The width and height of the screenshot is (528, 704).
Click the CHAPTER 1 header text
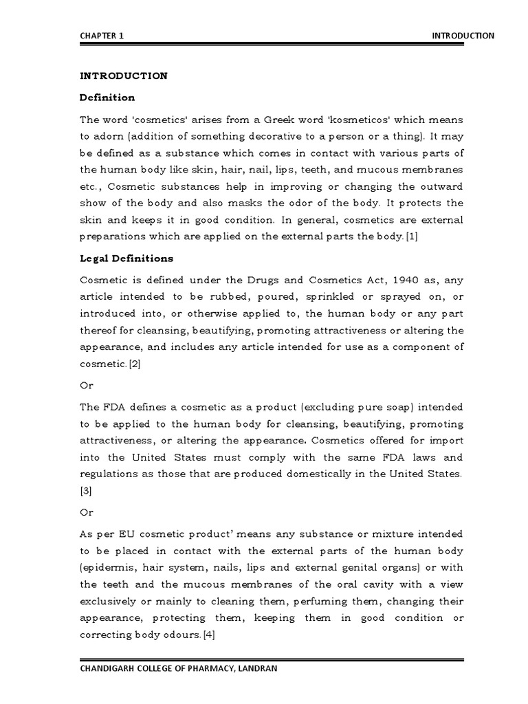click(x=102, y=36)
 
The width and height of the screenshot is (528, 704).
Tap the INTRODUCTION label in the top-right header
click(x=462, y=36)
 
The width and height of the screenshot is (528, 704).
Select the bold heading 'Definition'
click(x=107, y=98)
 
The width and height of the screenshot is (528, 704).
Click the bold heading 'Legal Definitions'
click(x=126, y=259)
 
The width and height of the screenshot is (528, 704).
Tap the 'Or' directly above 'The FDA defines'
click(x=87, y=385)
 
